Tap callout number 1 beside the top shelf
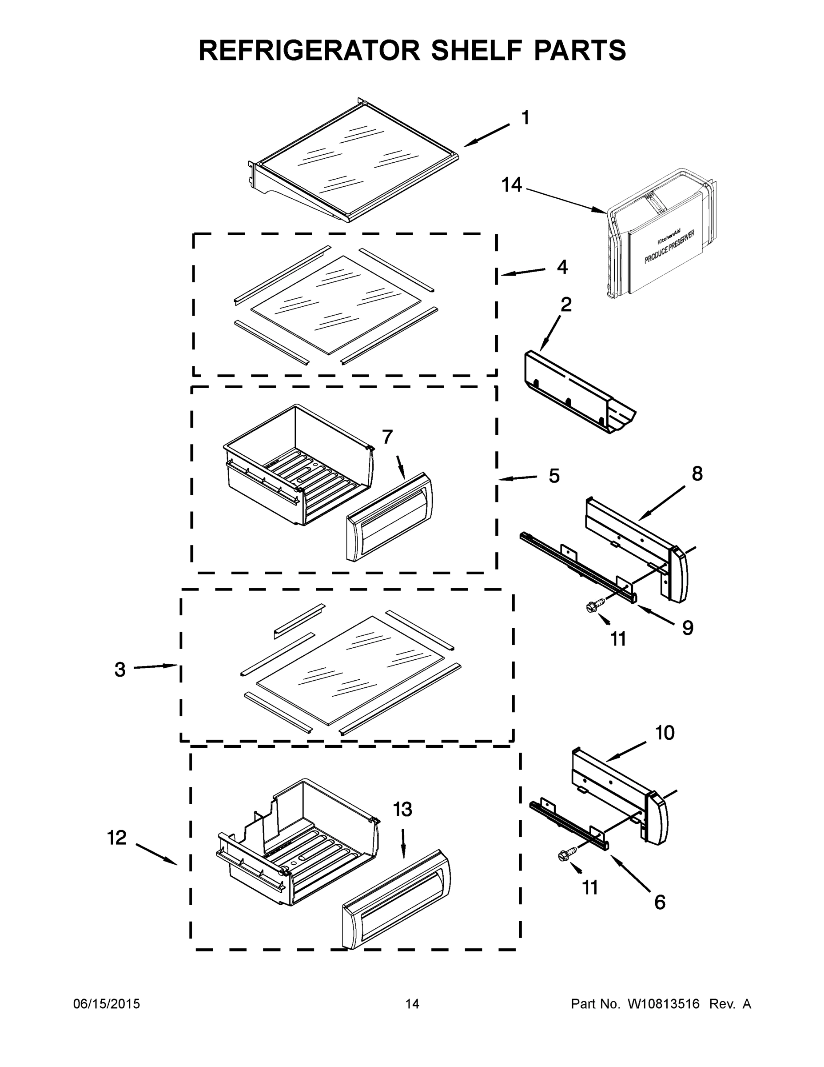[525, 118]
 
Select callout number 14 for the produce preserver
[512, 186]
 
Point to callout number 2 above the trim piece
[566, 305]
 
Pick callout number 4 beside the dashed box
[562, 267]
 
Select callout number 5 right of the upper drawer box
[554, 476]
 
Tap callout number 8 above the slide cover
[697, 473]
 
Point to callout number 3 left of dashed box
[120, 669]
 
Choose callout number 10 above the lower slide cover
[665, 733]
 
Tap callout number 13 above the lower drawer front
[403, 810]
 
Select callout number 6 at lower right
[660, 903]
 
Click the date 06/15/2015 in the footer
[107, 1004]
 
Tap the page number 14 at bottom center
[412, 1004]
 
